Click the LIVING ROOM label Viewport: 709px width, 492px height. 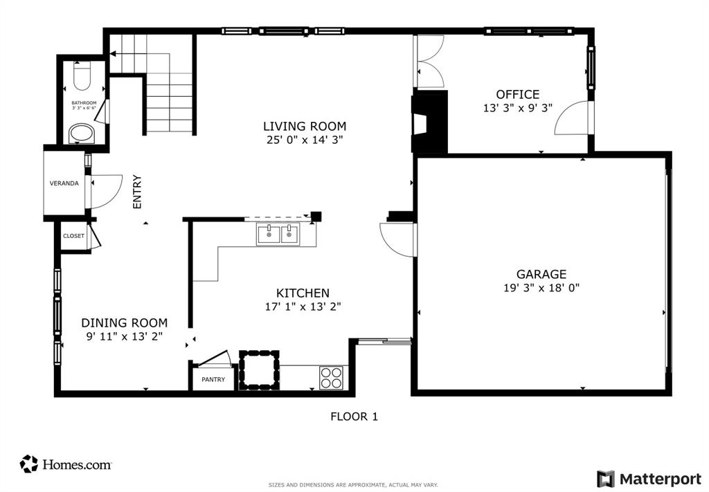point(304,127)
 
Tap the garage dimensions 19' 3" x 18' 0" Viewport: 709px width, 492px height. point(541,288)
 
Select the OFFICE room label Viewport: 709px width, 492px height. point(517,95)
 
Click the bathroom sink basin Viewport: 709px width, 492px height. point(82,133)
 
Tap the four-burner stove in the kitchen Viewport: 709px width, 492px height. point(331,378)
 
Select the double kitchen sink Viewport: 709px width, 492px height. point(278,235)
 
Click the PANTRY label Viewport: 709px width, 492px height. point(213,380)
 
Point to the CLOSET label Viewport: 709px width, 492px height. point(73,236)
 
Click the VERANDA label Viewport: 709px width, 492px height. point(64,183)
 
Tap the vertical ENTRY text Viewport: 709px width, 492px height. point(137,192)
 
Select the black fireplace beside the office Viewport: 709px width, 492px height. point(429,122)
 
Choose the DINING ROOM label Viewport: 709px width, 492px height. point(124,322)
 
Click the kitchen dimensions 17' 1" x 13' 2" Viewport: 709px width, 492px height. point(303,307)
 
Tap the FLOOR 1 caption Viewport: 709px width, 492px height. point(354,417)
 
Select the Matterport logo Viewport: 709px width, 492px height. point(649,479)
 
